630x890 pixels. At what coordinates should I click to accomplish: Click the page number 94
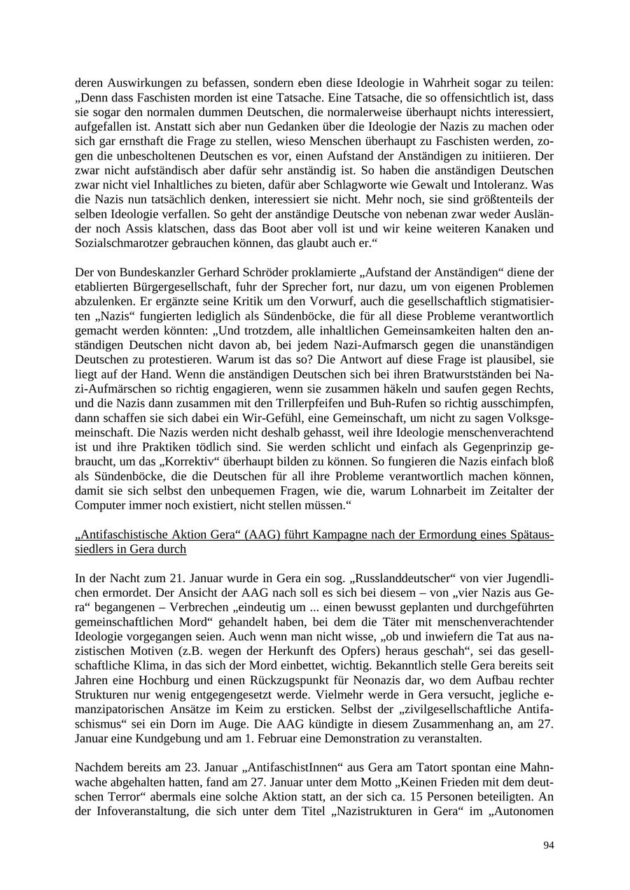click(548, 846)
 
